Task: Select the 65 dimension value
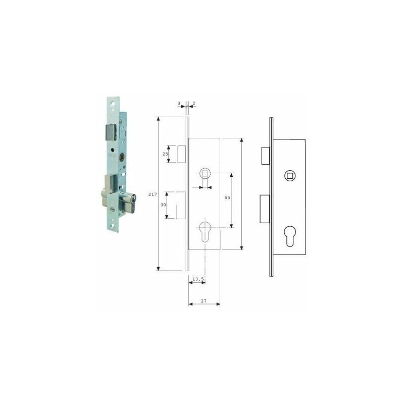pos(227,197)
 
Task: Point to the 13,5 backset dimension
pos(198,278)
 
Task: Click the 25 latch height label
pos(165,154)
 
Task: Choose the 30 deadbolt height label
pos(163,205)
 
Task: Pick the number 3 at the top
pos(179,103)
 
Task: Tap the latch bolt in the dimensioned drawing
pos(182,154)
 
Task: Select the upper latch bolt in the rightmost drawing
pos(266,156)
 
